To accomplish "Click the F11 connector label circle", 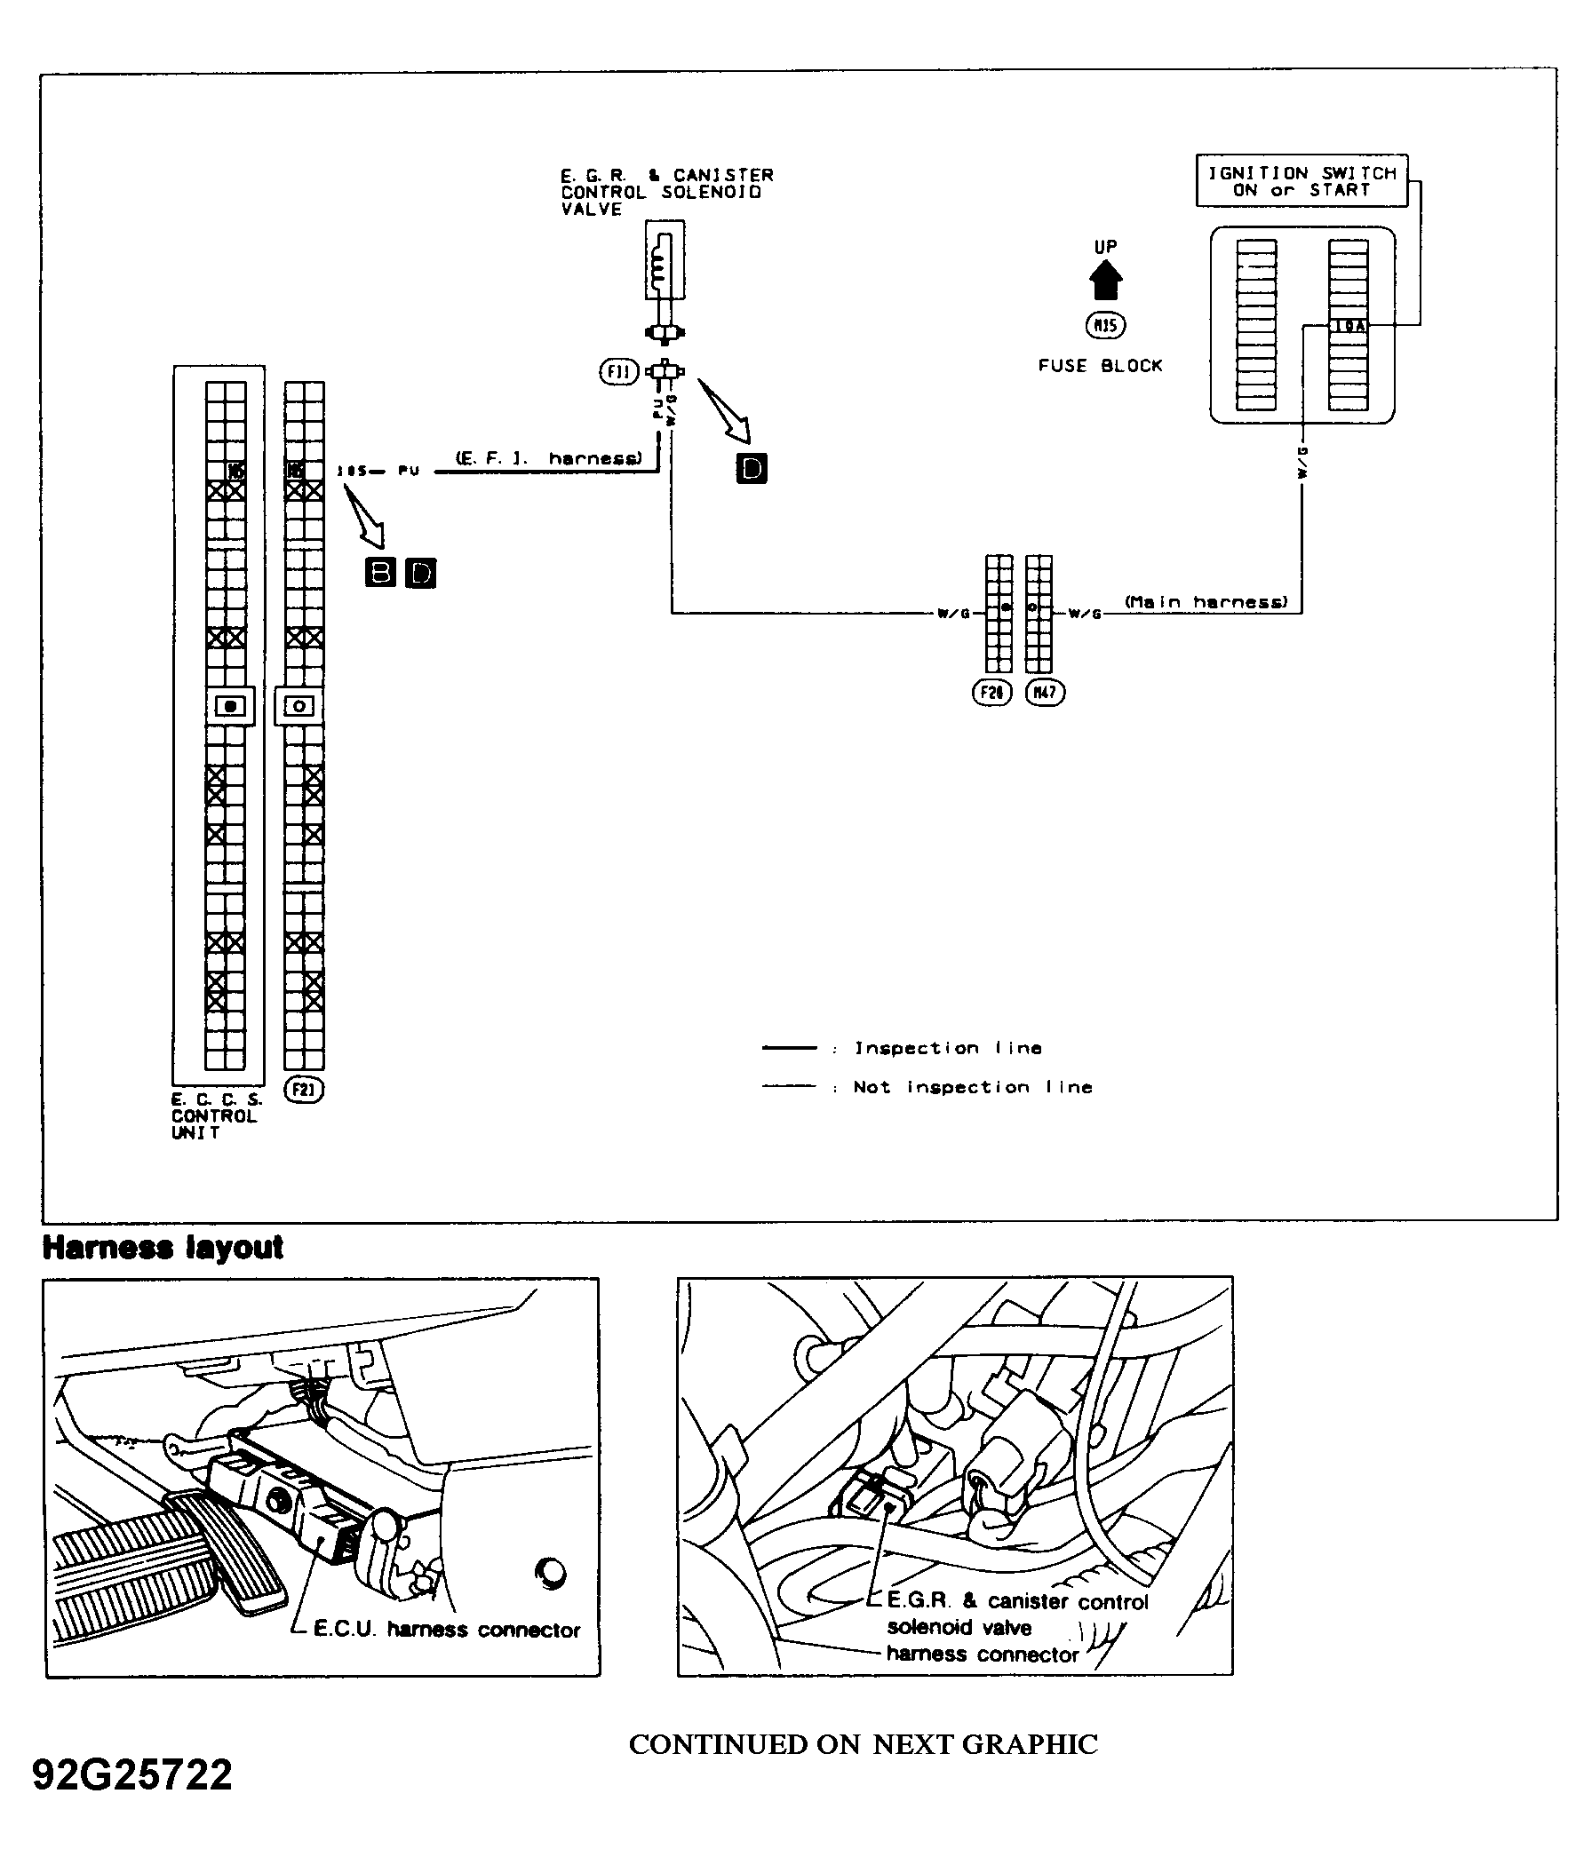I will point(618,371).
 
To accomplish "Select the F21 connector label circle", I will point(303,1090).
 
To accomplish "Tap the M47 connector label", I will point(1046,692).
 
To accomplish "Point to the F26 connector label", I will point(991,692).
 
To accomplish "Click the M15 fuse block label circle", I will point(1105,325).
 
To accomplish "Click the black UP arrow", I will point(1105,280).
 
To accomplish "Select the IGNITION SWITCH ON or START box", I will point(1301,181).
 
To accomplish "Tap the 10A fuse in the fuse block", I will point(1349,326).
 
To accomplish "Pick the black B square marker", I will point(381,572).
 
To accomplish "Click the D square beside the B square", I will point(420,573).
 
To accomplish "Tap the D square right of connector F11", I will point(752,468).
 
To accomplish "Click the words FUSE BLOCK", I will point(1100,366).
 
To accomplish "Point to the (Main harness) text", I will point(1206,602).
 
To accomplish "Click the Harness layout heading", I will point(163,1248).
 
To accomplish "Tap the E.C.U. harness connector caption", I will point(446,1630).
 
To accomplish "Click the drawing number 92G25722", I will point(132,1774).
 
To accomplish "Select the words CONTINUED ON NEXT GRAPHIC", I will point(864,1744).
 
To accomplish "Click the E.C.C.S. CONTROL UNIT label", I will point(214,1115).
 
